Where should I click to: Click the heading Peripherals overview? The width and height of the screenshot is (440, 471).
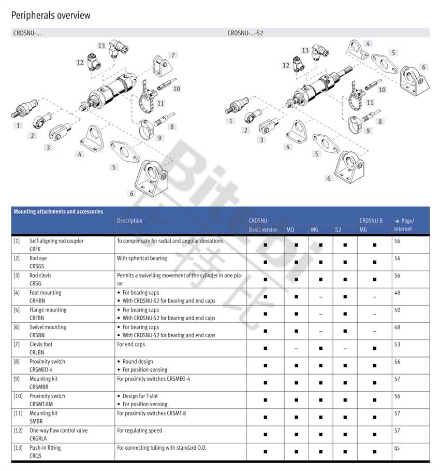pos(51,16)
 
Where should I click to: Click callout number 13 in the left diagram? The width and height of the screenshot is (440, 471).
pos(101,46)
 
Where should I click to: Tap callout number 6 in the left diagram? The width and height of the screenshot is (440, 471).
pos(132,193)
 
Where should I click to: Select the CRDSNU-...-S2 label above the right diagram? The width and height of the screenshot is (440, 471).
pos(245,33)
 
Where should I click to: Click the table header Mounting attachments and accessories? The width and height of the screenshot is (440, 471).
pos(58,211)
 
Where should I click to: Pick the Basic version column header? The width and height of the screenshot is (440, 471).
pos(263,230)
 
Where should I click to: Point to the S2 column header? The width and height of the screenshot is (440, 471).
pos(338,230)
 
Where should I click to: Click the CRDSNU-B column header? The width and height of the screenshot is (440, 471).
pos(371,221)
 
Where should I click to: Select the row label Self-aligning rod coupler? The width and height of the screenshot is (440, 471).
pos(56,241)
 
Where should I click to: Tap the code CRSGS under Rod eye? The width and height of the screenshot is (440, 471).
pos(37,266)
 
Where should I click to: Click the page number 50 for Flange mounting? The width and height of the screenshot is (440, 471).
pos(397,310)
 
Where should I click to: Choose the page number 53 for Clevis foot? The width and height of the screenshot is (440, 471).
pos(397,344)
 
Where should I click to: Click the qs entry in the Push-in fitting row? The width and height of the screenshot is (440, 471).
pos(397,448)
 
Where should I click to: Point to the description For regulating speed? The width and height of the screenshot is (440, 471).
pos(139,431)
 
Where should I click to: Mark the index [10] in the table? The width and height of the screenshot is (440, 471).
pos(18,396)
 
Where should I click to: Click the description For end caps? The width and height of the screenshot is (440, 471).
pos(131,344)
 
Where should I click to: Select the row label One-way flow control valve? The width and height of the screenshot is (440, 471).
pos(58,431)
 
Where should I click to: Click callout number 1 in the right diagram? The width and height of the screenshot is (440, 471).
pos(231,121)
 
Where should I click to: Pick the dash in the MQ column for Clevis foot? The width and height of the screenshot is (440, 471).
pos(296,348)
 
